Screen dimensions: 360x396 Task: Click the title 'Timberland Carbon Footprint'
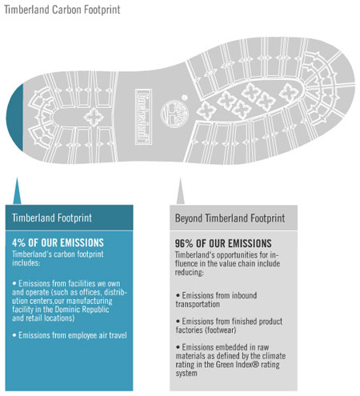[62, 10]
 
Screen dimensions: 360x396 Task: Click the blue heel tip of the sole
[15, 118]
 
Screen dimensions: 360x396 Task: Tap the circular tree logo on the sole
[174, 114]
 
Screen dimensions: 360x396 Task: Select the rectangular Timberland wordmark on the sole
[143, 117]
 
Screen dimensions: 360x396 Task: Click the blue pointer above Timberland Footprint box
[17, 191]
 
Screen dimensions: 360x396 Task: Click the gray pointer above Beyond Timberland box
[180, 191]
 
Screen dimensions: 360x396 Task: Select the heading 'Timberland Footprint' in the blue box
[52, 218]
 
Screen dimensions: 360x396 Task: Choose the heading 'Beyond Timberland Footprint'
[230, 218]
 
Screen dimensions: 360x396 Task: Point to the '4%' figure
[18, 242]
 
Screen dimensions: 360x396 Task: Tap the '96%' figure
[184, 243]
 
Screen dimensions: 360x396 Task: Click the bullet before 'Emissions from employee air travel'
[14, 335]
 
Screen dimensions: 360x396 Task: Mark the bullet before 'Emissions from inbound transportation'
[178, 295]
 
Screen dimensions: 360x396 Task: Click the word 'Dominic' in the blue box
[67, 310]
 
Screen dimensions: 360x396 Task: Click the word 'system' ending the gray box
[186, 373]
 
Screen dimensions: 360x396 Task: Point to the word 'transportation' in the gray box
[198, 304]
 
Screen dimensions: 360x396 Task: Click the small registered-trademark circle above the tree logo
[184, 98]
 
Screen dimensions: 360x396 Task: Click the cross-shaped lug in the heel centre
[94, 118]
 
